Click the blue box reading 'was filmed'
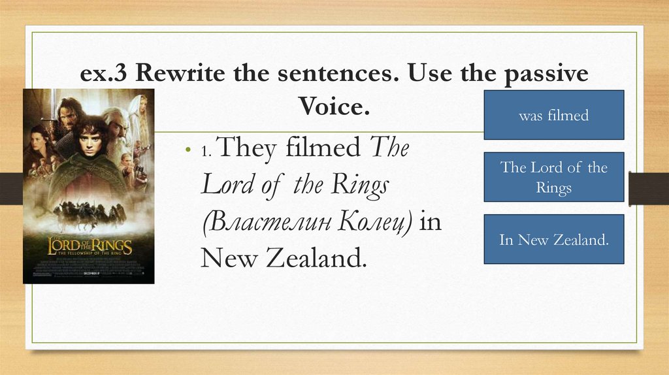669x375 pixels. (553, 115)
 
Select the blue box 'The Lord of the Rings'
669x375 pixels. (553, 177)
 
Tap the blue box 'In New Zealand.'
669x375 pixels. (553, 239)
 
